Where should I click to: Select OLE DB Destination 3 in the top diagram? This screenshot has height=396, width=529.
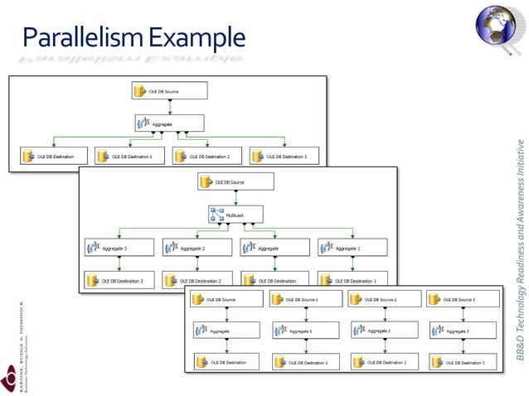(284, 156)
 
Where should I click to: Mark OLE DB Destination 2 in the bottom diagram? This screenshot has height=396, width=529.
(384, 362)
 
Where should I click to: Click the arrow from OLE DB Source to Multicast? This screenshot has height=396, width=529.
(235, 198)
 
